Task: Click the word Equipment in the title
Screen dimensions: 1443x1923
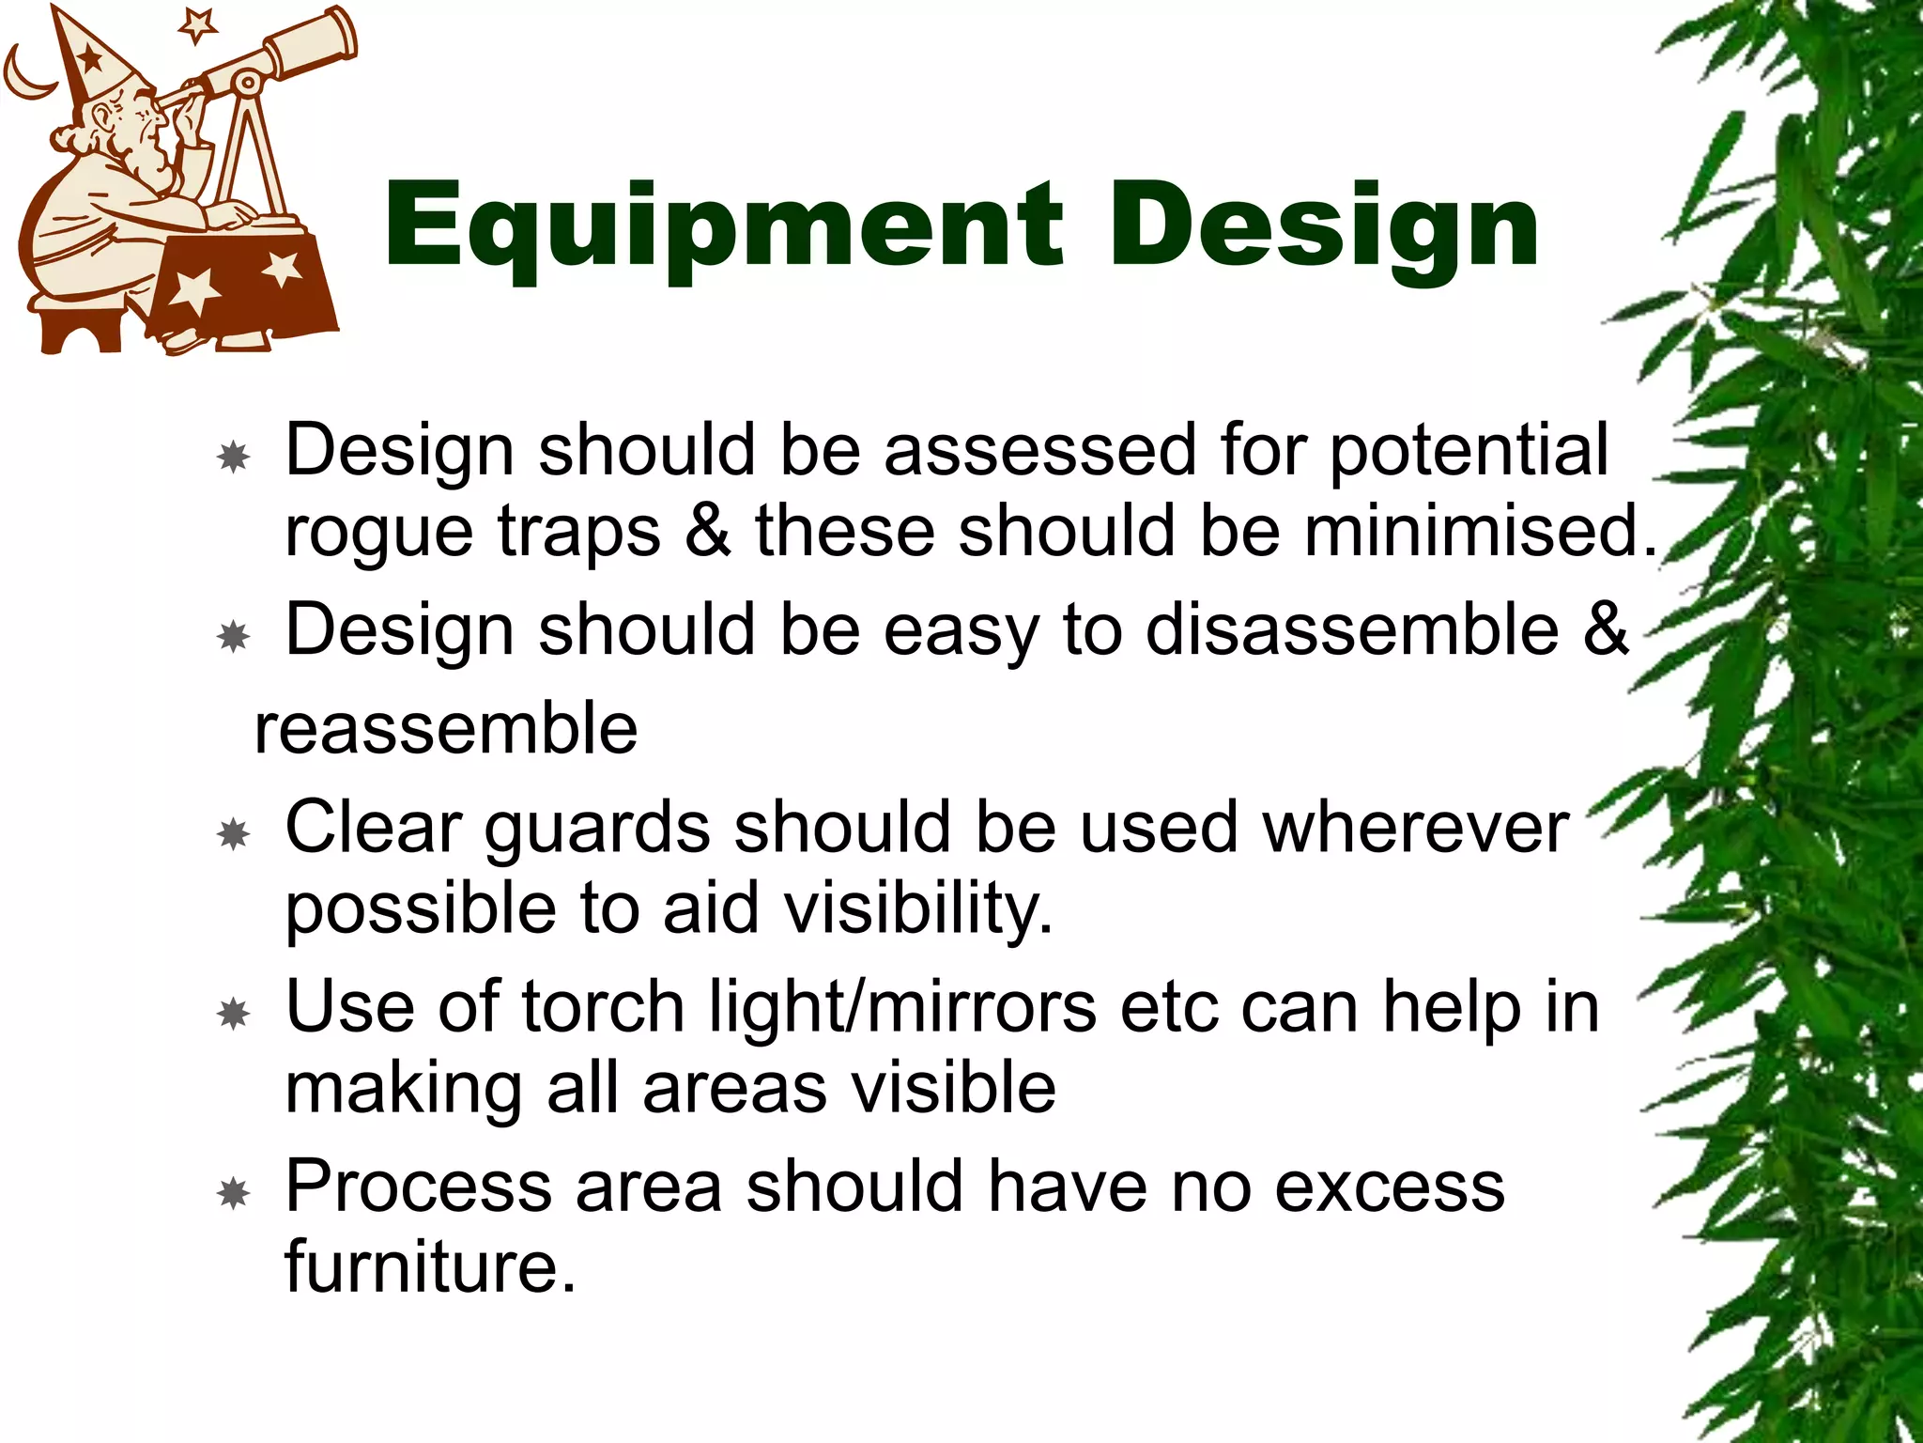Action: point(723,227)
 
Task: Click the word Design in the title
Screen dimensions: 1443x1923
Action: point(1324,227)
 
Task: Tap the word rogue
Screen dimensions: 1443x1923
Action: point(378,534)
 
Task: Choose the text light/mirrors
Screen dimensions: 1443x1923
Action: point(901,1008)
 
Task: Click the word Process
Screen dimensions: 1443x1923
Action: point(418,1187)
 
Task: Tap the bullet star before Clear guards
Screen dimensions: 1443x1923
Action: point(233,833)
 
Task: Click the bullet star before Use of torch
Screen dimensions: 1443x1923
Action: point(233,1014)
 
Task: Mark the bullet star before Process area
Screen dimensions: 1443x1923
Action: point(233,1194)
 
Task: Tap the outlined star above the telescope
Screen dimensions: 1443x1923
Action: point(197,24)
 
